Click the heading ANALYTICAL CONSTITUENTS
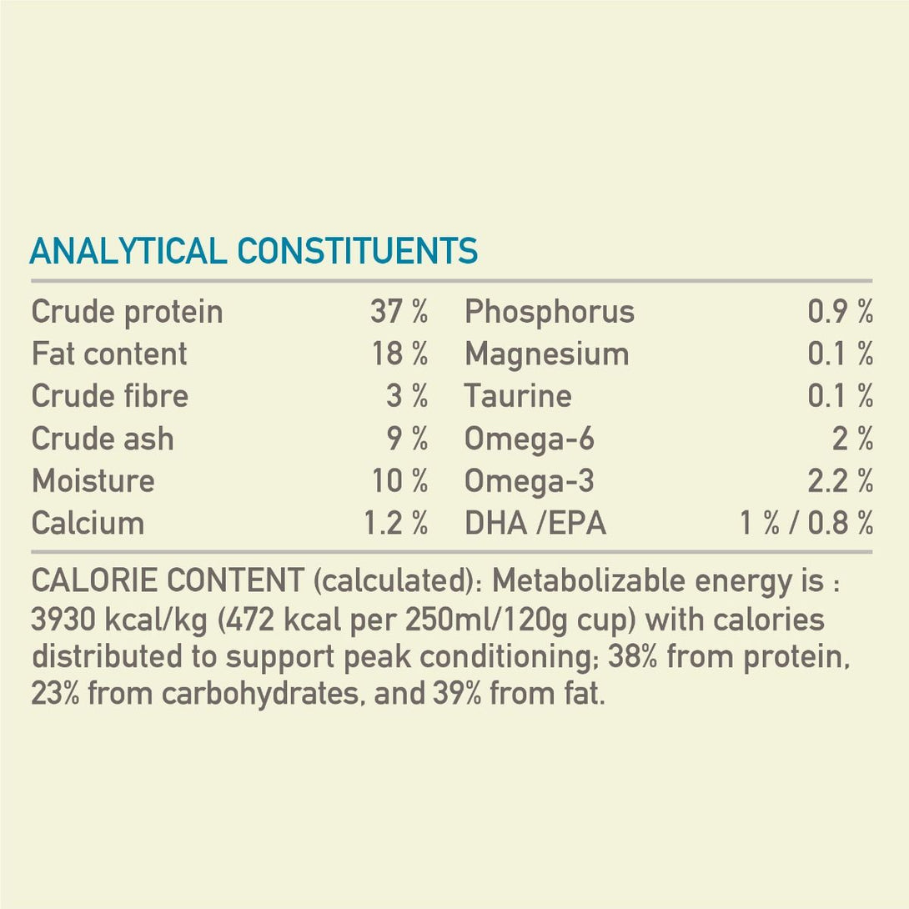254,251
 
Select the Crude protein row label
127,313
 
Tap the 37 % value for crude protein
399,313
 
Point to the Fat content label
109,354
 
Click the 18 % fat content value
399,354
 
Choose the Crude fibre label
110,396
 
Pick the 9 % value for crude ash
407,439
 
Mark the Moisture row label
93,481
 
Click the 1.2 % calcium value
395,524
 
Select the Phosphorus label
550,313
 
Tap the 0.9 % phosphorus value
840,313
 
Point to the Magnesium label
546,354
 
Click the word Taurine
518,396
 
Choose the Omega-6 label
530,439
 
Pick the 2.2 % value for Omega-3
840,481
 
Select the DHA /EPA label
535,524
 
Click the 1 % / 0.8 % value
806,524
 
